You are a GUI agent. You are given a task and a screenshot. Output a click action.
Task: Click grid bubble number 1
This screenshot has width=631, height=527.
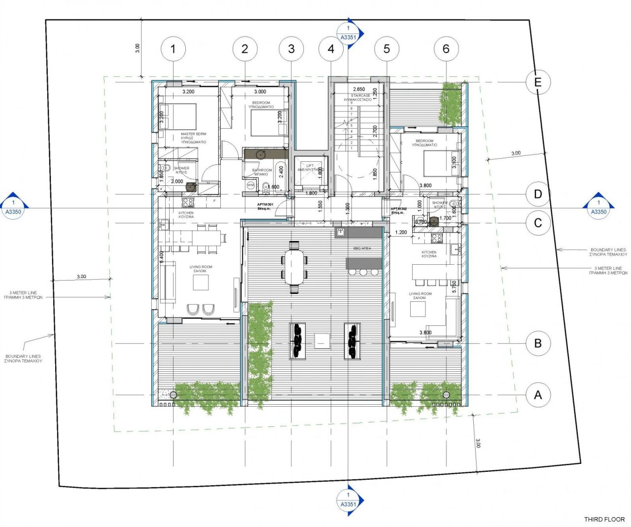(x=173, y=49)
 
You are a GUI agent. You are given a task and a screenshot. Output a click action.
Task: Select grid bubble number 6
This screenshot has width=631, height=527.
(x=446, y=49)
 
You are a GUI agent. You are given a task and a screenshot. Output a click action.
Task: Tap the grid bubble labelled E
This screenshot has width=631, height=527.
(x=538, y=82)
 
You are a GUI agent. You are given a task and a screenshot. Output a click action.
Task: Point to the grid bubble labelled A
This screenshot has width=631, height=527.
(x=538, y=395)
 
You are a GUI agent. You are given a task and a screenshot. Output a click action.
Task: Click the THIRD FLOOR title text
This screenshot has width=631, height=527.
(x=604, y=519)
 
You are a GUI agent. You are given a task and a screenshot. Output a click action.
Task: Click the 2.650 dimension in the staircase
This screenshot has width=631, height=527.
(x=359, y=89)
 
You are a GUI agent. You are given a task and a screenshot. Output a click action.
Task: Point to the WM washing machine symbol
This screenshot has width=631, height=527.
(x=250, y=185)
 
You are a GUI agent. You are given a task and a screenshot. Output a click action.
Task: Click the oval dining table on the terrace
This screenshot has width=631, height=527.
(x=295, y=267)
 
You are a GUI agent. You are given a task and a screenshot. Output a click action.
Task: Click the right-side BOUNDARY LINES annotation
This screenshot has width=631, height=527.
(x=608, y=252)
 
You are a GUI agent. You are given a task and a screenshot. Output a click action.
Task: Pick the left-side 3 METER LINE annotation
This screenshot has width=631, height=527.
(x=23, y=295)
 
